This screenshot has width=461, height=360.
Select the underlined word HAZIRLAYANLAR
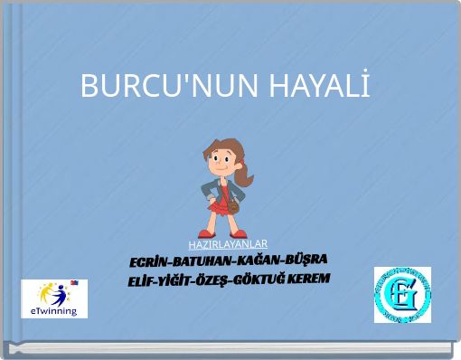228,244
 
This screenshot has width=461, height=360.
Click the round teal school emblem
402,294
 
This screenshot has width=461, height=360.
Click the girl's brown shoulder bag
234,206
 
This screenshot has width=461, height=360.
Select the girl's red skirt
220,204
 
